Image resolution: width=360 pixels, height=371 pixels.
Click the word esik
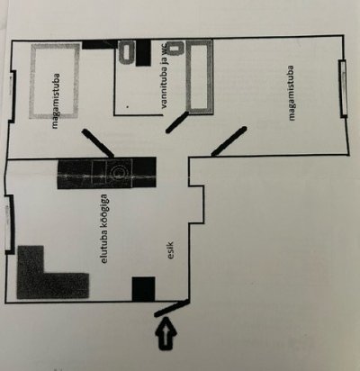pos(171,249)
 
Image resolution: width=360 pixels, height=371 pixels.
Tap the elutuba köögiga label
pos(104,229)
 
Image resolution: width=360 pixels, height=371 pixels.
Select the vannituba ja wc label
pos(166,78)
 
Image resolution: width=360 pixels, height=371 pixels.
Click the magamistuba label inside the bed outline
pos(55,102)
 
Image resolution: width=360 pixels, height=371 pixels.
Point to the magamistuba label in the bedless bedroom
pos(292,93)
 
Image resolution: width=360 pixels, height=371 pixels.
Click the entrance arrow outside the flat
pos(166,333)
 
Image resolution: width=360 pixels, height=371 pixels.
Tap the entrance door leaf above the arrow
pos(172,308)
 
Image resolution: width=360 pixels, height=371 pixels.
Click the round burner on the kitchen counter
pos(118,172)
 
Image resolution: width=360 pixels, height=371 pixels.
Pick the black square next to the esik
pos(144,289)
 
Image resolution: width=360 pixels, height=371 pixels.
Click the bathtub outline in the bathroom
pos(199,77)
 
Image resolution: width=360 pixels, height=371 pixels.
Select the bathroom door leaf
pos(177,122)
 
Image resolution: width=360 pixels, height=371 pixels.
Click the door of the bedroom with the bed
pos(98,143)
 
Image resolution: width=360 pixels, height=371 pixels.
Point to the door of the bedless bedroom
pos(229,141)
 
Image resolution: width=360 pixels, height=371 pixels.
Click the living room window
pos(9,224)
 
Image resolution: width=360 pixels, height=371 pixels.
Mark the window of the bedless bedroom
pos(343,88)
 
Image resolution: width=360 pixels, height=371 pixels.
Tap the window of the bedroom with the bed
pos(12,96)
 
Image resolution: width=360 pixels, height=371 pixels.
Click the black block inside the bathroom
pos(143,53)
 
